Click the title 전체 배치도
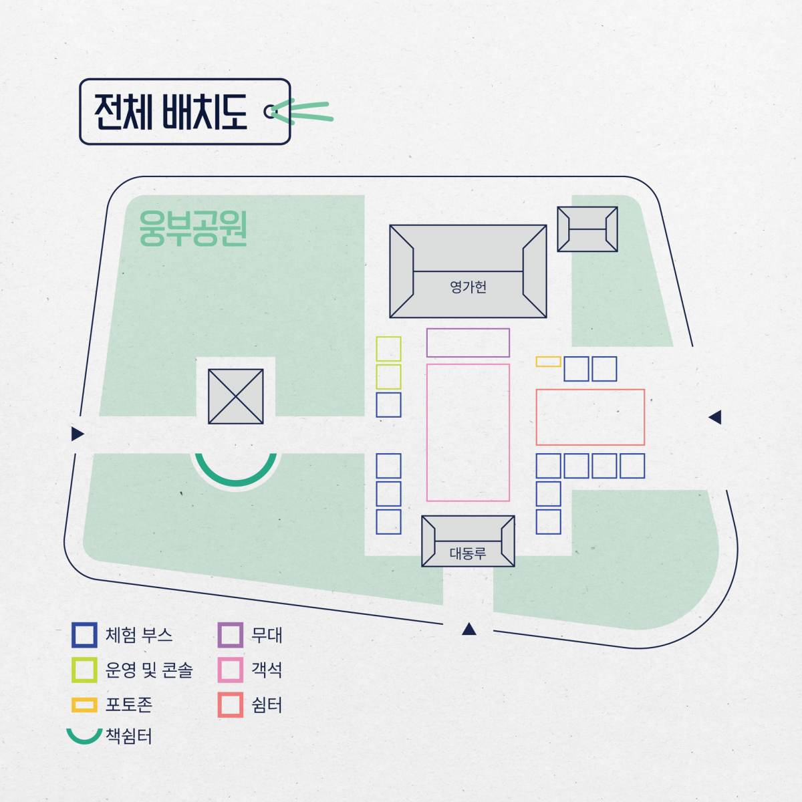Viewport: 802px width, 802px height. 170,112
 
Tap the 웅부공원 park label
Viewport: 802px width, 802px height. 193,228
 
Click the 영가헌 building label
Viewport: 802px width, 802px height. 469,287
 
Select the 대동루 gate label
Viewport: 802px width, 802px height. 468,553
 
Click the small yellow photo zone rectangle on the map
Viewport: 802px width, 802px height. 548,362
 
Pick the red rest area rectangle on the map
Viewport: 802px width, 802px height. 590,390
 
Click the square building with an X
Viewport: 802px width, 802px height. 235,396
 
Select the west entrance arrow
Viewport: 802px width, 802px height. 77,434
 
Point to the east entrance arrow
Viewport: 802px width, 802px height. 715,417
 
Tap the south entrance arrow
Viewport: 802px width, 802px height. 469,629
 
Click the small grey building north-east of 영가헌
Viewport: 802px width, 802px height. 587,229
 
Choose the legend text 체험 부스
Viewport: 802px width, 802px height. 139,635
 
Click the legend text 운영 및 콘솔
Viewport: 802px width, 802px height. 149,670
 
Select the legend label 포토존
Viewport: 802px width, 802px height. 129,704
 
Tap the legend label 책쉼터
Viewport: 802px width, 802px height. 129,736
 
